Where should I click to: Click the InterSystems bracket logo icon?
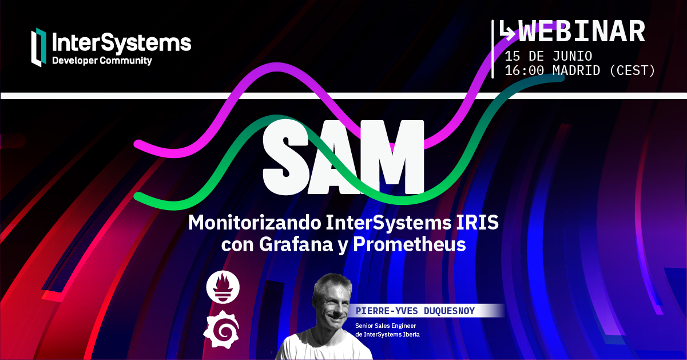click(39, 48)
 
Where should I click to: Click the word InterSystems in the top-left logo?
click(121, 43)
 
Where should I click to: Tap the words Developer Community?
click(102, 61)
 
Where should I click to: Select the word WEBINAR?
click(582, 32)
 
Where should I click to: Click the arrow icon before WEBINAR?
click(507, 31)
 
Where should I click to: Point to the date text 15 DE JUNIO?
click(548, 56)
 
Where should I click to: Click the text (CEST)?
click(632, 71)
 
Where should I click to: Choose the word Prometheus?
click(410, 245)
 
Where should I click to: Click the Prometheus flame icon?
click(223, 288)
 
